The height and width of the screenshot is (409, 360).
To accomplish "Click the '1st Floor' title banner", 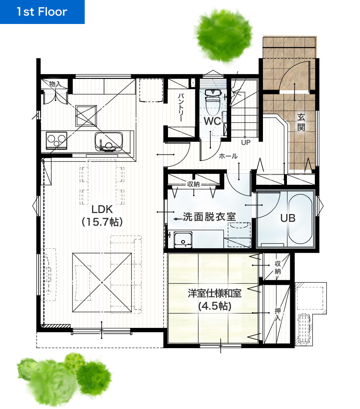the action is point(42,12).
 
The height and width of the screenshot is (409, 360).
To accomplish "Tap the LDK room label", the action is point(102,209).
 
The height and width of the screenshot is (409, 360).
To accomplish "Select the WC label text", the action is point(212,121).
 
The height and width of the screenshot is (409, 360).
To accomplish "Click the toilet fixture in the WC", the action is point(213,102).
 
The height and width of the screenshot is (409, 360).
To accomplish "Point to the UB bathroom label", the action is point(288,218).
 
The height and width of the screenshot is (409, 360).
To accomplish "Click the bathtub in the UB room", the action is point(300,219).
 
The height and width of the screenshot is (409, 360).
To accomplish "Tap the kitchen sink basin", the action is point(109,142).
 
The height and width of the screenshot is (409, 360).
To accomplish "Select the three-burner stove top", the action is point(56,141).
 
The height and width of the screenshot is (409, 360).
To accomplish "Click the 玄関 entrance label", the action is point(301,122).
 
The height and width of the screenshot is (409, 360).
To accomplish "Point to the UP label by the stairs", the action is point(246,142).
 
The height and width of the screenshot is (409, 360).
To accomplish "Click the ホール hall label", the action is point(228,156).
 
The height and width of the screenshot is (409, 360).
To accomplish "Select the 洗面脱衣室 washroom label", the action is point(209,217).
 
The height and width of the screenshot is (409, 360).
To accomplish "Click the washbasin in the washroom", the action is point(183,240).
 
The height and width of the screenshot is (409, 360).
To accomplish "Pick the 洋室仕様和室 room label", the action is point(215,293).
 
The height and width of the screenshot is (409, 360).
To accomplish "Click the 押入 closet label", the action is point(277,314).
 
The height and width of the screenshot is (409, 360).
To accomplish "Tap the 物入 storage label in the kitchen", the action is point(55,84).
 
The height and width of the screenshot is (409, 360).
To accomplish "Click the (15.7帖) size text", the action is point(102,222).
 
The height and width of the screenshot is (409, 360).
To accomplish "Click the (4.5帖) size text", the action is point(215,306).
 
